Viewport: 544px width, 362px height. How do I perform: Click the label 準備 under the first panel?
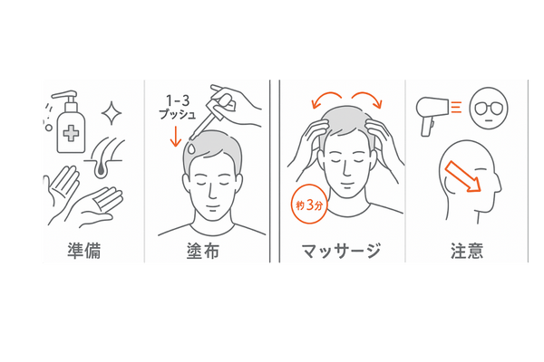tap(83, 249)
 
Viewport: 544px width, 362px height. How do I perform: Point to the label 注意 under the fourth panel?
tap(467, 249)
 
